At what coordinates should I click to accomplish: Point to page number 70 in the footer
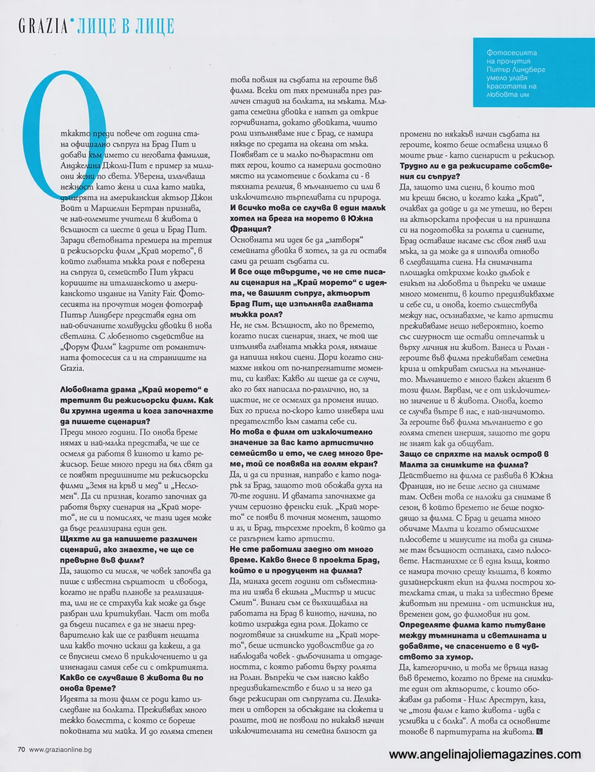click(x=21, y=749)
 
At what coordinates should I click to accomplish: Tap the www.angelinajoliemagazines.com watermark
click(x=485, y=755)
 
